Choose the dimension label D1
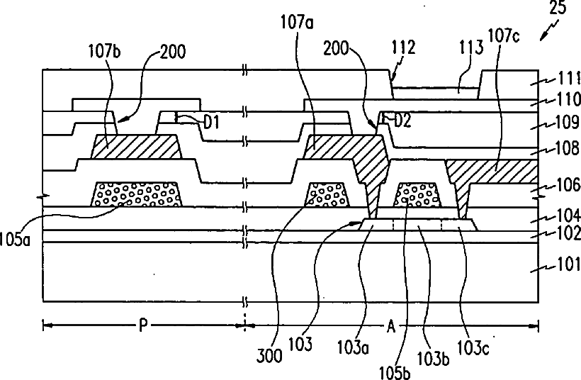[x=212, y=122]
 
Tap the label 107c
[x=502, y=32]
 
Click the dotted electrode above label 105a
[x=137, y=194]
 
